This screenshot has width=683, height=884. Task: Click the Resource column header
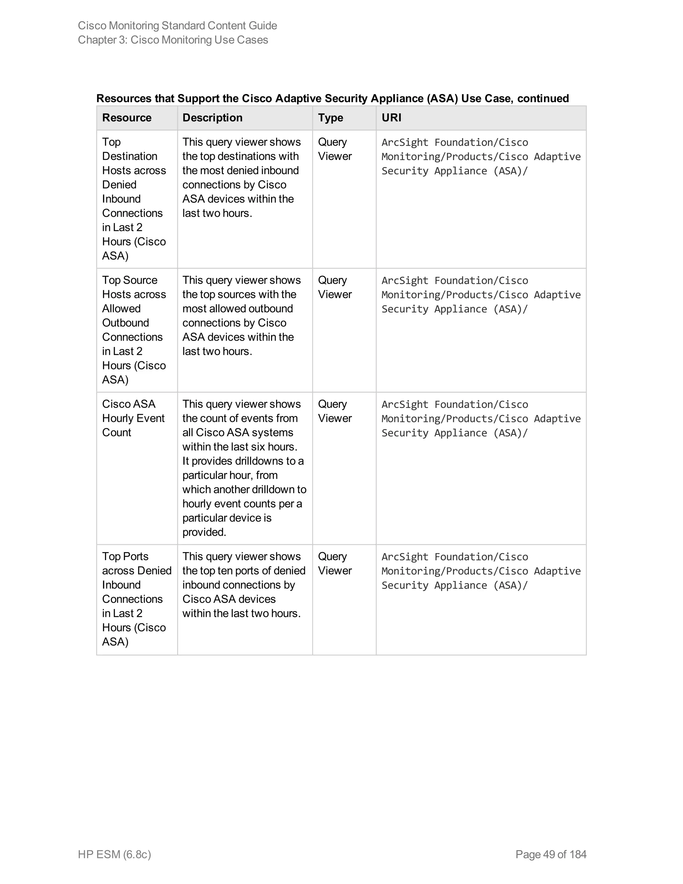[127, 118]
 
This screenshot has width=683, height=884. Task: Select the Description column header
[212, 118]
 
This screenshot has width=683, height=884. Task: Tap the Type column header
[330, 118]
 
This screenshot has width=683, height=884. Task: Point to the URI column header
[391, 118]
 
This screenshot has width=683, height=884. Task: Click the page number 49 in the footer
[549, 854]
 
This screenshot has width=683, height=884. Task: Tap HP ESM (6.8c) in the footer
[114, 854]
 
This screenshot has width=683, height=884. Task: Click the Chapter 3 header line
[173, 40]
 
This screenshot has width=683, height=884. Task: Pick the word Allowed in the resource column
[121, 309]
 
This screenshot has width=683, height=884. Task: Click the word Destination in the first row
[129, 156]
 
